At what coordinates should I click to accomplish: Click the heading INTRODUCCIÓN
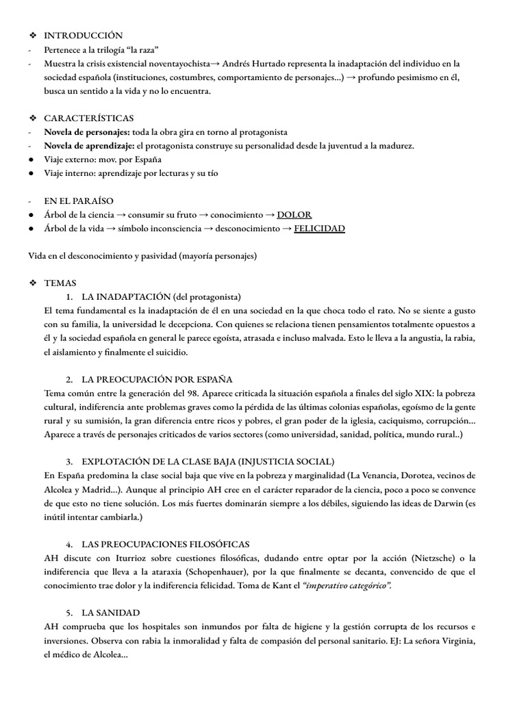84,35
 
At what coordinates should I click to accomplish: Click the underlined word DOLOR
294,214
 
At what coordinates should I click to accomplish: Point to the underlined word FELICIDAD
319,228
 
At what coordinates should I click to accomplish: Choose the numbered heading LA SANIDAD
111,612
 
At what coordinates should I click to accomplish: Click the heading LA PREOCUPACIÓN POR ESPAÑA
157,379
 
